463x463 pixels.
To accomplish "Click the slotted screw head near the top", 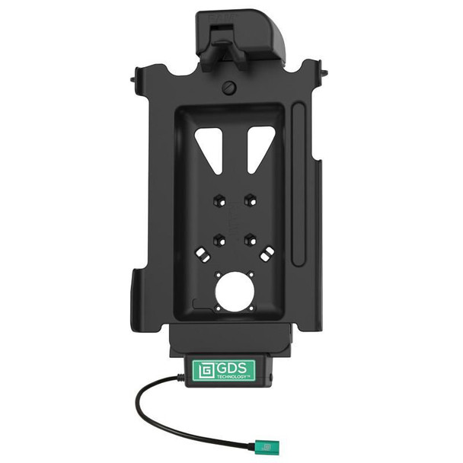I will point(228,88).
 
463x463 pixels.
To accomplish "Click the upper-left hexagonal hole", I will point(216,200).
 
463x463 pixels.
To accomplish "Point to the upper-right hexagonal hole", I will point(249,200).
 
